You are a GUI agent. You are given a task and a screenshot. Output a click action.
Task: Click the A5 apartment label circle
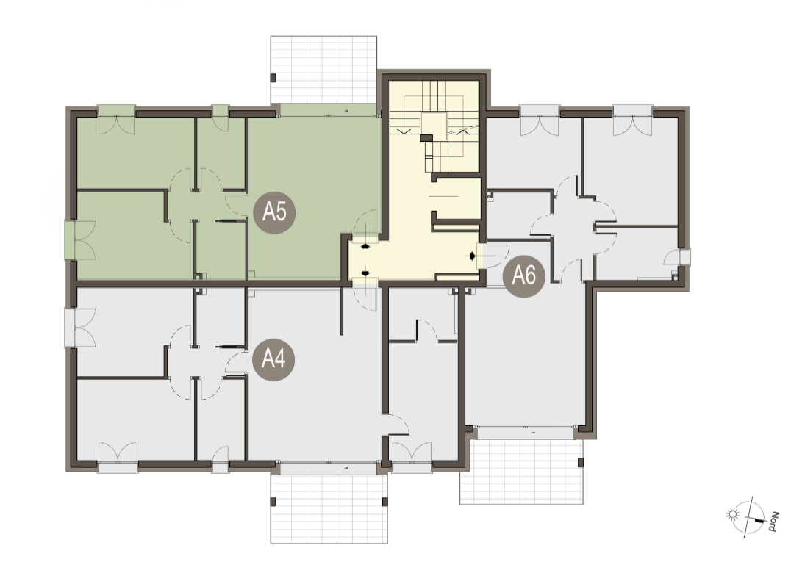pos(274,212)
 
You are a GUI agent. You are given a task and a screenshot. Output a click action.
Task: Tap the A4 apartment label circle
pos(273,359)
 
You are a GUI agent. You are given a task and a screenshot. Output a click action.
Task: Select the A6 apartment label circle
pos(523,275)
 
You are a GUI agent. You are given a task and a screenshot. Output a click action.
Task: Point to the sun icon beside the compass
pos(732,514)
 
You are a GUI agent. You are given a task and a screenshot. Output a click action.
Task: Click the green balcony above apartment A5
pos(324,70)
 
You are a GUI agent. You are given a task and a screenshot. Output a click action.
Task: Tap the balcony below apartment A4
pos(329,509)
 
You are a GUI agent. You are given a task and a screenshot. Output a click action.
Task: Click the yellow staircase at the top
pos(434,126)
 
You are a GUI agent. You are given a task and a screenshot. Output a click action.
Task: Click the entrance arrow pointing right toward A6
pos(472,256)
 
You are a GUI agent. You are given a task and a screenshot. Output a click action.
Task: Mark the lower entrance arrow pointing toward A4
pos(365,273)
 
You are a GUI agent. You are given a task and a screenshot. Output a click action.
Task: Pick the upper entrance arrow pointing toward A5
pos(365,246)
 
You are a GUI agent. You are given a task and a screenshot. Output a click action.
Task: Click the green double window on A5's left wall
pos(70,240)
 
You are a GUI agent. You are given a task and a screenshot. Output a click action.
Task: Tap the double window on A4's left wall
pos(70,328)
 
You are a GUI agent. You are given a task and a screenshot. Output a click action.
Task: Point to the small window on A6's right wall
pos(684,257)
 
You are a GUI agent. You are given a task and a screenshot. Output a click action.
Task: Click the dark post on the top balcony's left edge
pos(273,78)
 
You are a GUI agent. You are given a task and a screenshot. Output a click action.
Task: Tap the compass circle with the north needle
pos(748,517)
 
